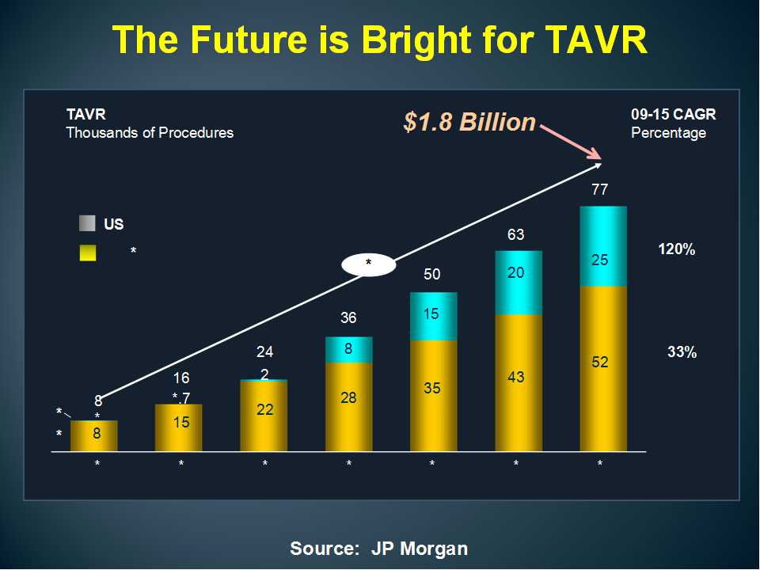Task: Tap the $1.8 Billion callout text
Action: click(469, 122)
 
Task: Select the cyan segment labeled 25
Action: click(603, 246)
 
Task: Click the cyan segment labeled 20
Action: click(519, 283)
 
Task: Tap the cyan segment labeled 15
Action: click(434, 316)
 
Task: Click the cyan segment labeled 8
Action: click(349, 349)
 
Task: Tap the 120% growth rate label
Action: click(677, 249)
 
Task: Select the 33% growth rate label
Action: click(682, 353)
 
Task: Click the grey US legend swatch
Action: click(88, 223)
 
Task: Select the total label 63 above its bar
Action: click(515, 234)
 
